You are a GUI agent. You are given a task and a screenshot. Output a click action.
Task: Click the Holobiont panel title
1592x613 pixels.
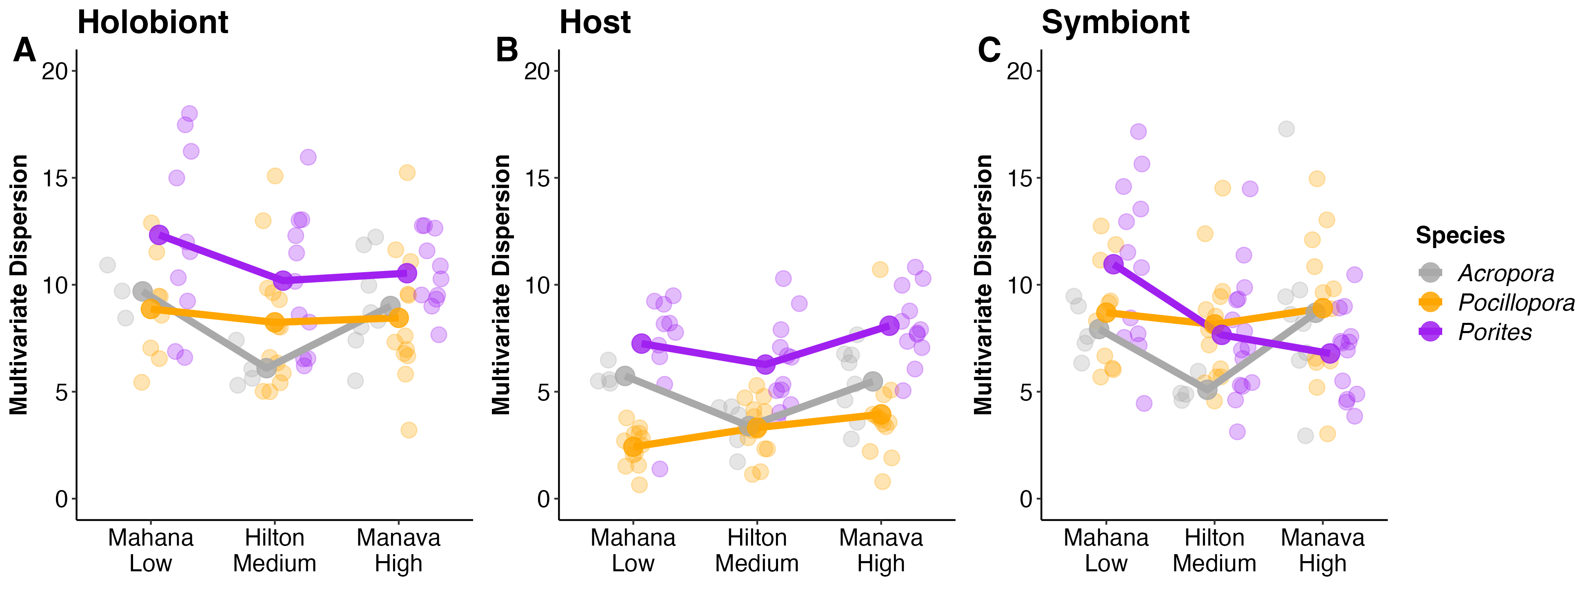(x=153, y=23)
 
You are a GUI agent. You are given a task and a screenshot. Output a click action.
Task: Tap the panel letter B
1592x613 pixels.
(x=507, y=50)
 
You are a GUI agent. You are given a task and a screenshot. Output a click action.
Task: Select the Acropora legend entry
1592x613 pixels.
(x=1505, y=273)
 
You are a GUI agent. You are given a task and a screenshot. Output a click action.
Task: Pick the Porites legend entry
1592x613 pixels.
(x=1494, y=332)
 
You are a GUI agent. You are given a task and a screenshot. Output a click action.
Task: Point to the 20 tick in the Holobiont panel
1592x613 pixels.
(x=55, y=71)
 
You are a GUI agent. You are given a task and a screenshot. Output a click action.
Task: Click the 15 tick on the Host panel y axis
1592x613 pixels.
(x=537, y=178)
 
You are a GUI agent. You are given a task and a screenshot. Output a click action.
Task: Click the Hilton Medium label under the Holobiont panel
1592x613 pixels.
(x=274, y=550)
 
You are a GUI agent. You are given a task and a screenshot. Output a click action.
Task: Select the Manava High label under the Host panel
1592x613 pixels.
(x=880, y=550)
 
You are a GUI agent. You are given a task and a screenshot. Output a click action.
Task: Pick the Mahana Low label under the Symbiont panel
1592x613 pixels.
(x=1106, y=550)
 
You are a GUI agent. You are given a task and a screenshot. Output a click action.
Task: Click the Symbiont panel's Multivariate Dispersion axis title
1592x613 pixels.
(x=983, y=284)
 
